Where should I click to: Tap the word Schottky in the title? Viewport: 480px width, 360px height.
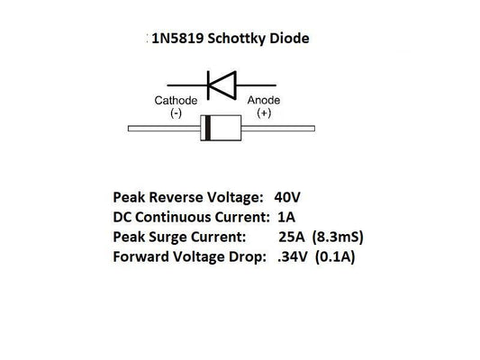coord(243,40)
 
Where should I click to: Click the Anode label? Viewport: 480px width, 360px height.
coord(265,101)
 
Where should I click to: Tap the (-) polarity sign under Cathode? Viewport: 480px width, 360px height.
coord(175,114)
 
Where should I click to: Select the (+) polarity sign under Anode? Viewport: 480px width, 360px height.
coord(265,114)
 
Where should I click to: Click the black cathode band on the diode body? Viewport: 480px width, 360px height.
coord(208,129)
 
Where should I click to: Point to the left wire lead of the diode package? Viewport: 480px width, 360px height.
coord(162,129)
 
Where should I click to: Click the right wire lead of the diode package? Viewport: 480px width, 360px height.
coord(297,129)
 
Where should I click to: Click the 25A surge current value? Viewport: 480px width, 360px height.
coord(294,238)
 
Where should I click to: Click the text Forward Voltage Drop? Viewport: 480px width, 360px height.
coord(188,257)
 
